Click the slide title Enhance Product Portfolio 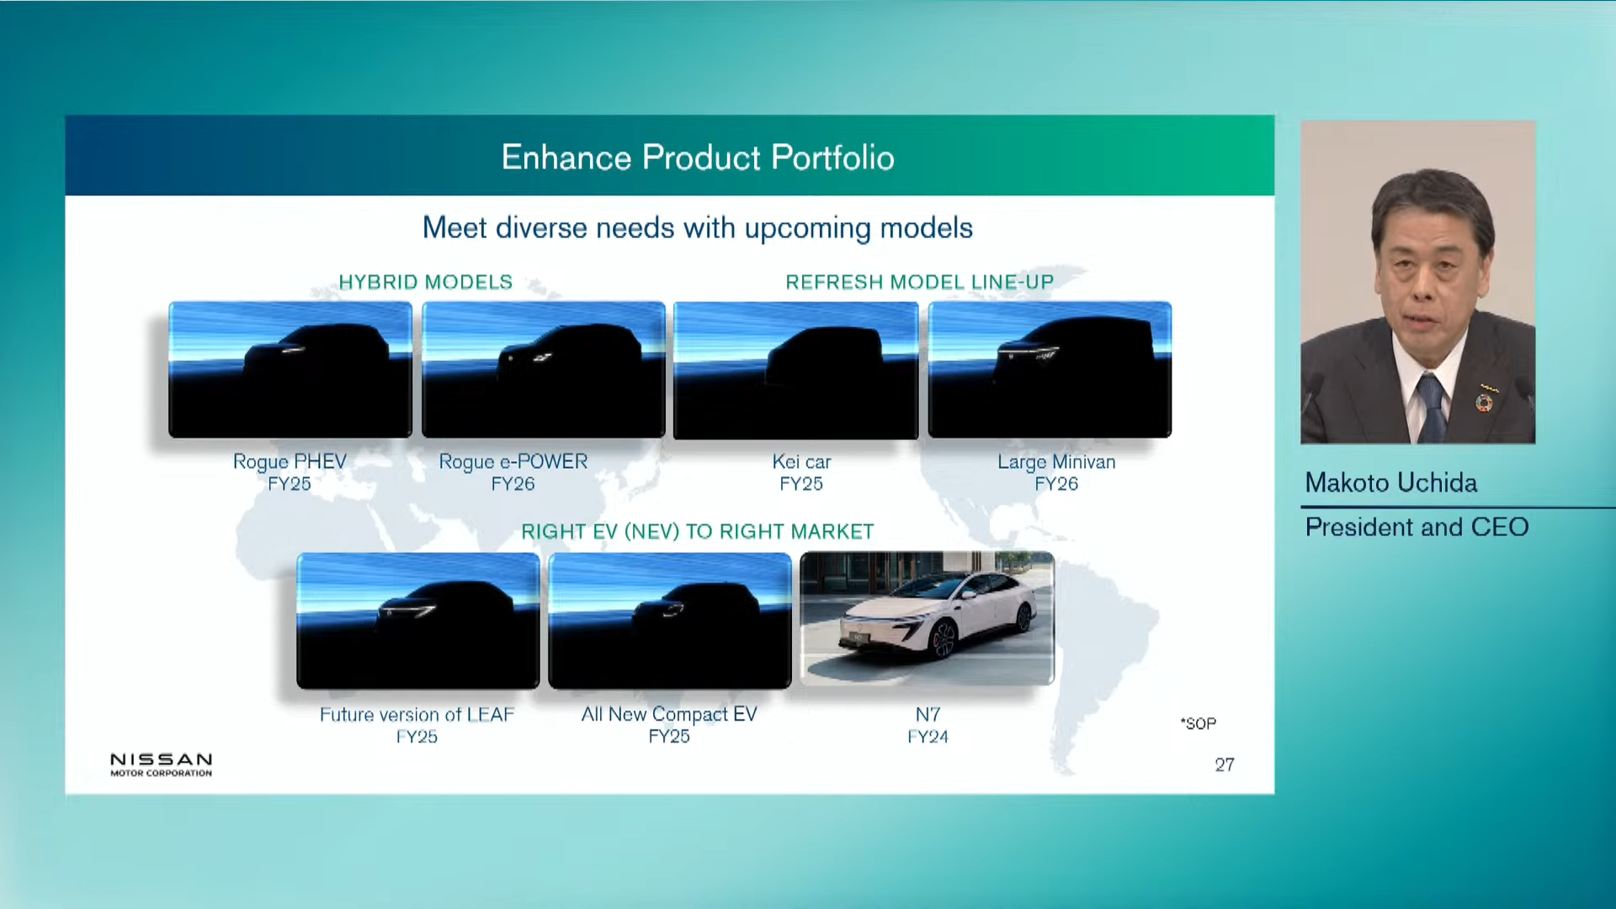click(x=698, y=157)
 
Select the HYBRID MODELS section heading click(x=425, y=282)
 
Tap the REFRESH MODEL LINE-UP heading click(x=919, y=282)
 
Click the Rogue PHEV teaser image click(x=290, y=369)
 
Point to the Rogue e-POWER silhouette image click(x=544, y=369)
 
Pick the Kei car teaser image click(x=796, y=369)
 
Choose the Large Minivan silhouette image click(x=1050, y=369)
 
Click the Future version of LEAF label click(x=417, y=715)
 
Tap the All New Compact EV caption click(x=669, y=715)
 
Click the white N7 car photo click(x=927, y=619)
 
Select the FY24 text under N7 click(x=928, y=736)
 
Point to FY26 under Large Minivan click(x=1056, y=484)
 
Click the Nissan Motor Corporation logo click(x=161, y=764)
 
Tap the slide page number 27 click(x=1225, y=764)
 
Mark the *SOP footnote click(x=1198, y=723)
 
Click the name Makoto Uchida click(x=1390, y=482)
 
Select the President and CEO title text click(x=1417, y=527)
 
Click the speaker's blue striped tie click(x=1430, y=405)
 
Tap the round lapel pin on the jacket click(x=1484, y=404)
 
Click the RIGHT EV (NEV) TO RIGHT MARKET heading click(x=697, y=532)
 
